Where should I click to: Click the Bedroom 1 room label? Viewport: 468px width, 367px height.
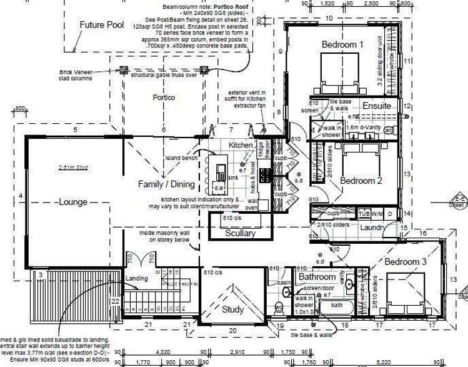(342, 44)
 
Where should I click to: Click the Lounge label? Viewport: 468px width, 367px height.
(73, 202)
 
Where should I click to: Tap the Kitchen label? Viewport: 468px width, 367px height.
(240, 145)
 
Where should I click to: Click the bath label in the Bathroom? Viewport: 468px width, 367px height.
(337, 306)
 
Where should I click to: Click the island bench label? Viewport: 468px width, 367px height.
(181, 158)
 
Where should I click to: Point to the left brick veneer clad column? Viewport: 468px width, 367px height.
(123, 69)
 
